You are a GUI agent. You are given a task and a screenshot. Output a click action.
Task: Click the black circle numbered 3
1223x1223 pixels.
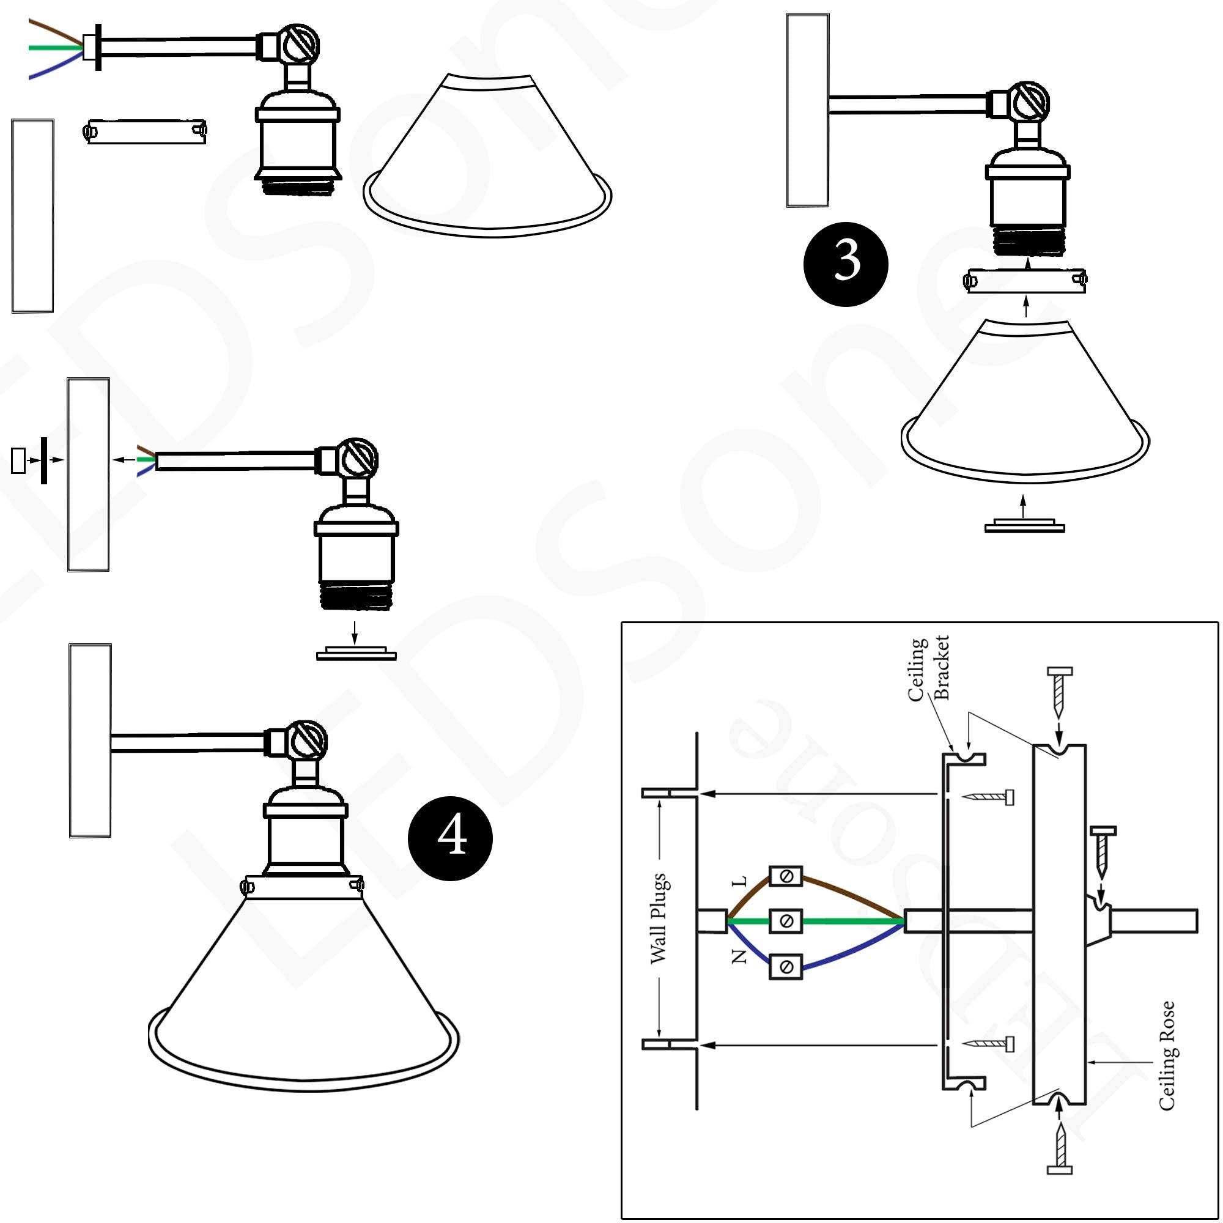(845, 264)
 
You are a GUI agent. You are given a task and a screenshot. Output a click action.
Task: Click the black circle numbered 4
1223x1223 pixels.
(450, 838)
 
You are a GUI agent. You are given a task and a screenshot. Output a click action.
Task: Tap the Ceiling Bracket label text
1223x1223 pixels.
(928, 669)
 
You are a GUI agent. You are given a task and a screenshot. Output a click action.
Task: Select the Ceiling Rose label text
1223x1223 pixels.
(1167, 1055)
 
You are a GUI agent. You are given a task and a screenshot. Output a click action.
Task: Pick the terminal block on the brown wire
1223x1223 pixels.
(786, 877)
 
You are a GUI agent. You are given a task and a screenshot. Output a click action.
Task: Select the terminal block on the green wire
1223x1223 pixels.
(786, 921)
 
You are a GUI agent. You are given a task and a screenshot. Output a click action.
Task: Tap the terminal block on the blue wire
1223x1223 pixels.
(786, 967)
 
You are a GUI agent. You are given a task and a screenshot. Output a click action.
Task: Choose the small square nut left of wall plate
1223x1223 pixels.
(18, 460)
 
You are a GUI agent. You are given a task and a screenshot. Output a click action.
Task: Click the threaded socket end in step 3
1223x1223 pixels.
(1027, 242)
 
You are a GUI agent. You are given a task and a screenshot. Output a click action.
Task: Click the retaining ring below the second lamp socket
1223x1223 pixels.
(357, 653)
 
